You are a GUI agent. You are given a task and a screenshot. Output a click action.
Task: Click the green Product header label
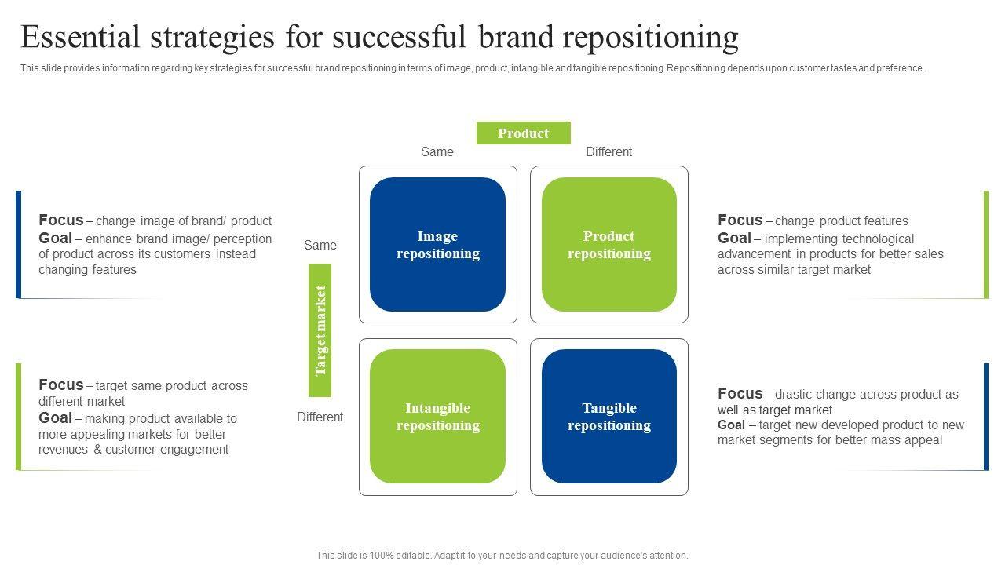[523, 133]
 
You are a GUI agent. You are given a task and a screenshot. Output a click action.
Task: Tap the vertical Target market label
[320, 330]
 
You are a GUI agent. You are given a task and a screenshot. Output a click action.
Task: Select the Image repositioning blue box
[437, 245]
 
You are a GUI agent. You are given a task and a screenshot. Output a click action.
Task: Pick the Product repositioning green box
[608, 245]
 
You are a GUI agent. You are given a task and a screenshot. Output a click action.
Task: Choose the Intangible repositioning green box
[437, 417]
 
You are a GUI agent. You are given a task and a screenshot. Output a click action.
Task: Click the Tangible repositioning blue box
[608, 417]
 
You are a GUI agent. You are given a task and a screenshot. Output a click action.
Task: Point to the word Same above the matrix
[437, 152]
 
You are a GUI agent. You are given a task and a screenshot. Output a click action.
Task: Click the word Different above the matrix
[608, 152]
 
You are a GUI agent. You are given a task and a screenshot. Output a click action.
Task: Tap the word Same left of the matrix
[320, 246]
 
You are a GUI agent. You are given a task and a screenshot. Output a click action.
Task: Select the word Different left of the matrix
[320, 417]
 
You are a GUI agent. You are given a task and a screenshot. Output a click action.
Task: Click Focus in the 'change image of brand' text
[60, 221]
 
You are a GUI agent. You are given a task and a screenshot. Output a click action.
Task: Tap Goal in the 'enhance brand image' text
[55, 239]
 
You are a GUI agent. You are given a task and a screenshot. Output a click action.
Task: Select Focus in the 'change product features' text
[740, 221]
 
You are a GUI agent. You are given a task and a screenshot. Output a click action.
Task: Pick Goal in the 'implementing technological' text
[734, 239]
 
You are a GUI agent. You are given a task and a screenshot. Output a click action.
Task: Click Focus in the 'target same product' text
[60, 385]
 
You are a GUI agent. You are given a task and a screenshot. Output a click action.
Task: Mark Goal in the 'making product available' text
[55, 418]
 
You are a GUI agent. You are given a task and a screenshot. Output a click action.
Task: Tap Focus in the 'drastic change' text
[740, 394]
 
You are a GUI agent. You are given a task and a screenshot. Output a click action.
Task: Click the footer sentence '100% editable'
[502, 556]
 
